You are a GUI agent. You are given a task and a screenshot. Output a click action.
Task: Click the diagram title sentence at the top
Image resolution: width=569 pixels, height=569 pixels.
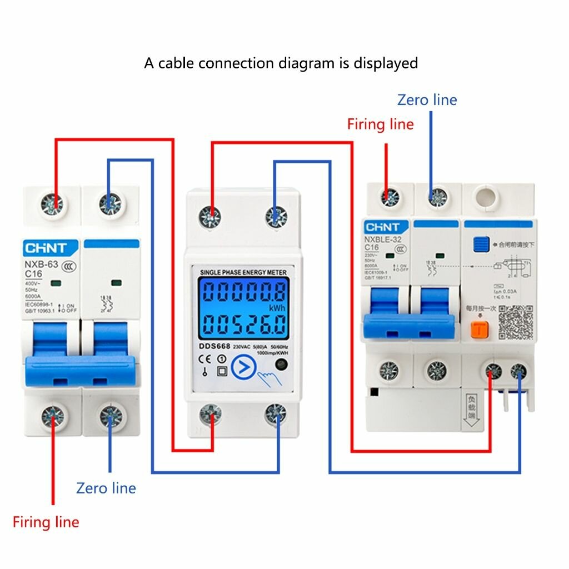click(x=281, y=63)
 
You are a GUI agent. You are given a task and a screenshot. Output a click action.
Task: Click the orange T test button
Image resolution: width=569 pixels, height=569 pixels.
click(x=479, y=330)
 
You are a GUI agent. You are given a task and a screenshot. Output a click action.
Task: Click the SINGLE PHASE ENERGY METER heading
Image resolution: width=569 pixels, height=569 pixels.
click(x=243, y=272)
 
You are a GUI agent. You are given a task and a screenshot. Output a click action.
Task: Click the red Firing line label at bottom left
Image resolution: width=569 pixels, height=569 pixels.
click(x=46, y=522)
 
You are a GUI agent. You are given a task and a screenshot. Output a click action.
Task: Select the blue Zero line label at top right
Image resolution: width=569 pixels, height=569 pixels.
click(x=427, y=100)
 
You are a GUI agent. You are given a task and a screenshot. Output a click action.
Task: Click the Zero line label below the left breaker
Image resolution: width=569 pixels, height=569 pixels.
click(x=106, y=488)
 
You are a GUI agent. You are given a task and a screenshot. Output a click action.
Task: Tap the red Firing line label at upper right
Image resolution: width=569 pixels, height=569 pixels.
click(x=381, y=124)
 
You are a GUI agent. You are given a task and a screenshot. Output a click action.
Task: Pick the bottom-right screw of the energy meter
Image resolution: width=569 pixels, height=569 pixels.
click(x=274, y=413)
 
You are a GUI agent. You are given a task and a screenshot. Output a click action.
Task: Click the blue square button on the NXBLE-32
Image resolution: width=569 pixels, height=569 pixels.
click(x=480, y=244)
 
